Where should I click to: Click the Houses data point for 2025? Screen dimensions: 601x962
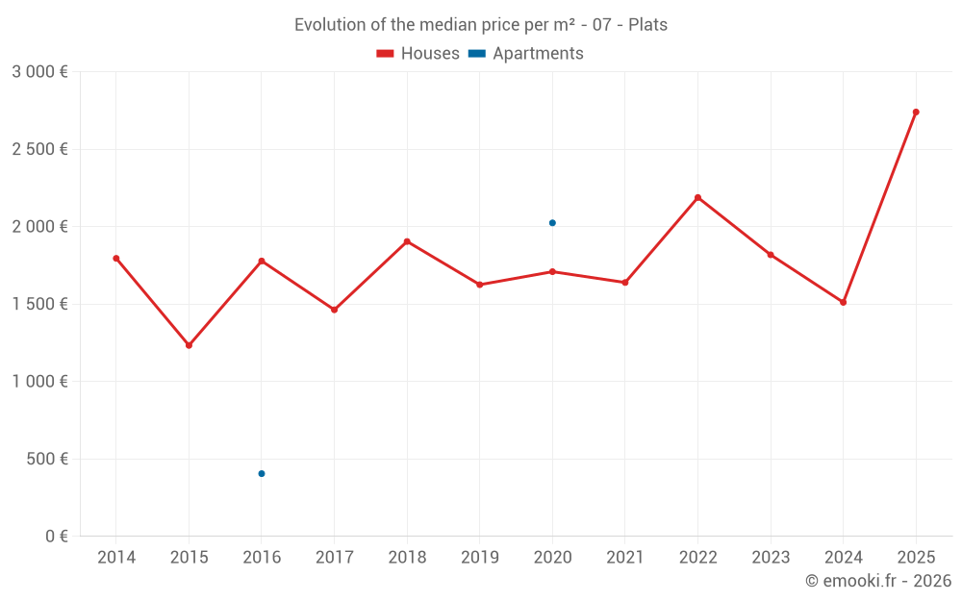[916, 113]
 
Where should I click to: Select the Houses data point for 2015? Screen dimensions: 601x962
[189, 345]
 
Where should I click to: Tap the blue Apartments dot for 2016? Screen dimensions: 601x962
[262, 473]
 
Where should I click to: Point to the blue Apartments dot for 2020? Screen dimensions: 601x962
[552, 223]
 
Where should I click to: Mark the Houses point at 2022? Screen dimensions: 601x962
[697, 198]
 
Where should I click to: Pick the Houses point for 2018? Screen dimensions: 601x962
[407, 241]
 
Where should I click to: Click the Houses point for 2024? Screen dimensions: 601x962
[843, 302]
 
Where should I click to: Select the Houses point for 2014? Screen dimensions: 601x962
[116, 259]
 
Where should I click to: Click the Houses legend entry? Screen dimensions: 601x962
[418, 54]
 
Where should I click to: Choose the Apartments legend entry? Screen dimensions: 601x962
[526, 54]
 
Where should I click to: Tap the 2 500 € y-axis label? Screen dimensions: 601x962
[39, 149]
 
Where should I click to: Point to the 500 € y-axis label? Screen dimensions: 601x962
[48, 459]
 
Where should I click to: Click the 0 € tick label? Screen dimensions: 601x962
[56, 537]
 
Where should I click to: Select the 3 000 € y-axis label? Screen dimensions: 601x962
[39, 72]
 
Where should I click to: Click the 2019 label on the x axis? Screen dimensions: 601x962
[479, 558]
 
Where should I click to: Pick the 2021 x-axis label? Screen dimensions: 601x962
[624, 558]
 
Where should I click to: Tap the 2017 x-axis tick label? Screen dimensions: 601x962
[334, 558]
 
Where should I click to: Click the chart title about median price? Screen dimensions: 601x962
[481, 25]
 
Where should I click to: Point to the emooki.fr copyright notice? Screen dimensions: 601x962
[878, 581]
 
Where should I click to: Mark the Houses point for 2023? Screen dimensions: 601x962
[771, 255]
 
